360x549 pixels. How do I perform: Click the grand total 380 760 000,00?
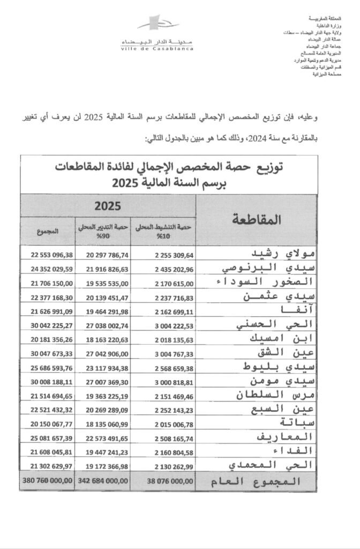pos(47,481)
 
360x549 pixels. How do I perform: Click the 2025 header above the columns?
pos(108,205)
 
